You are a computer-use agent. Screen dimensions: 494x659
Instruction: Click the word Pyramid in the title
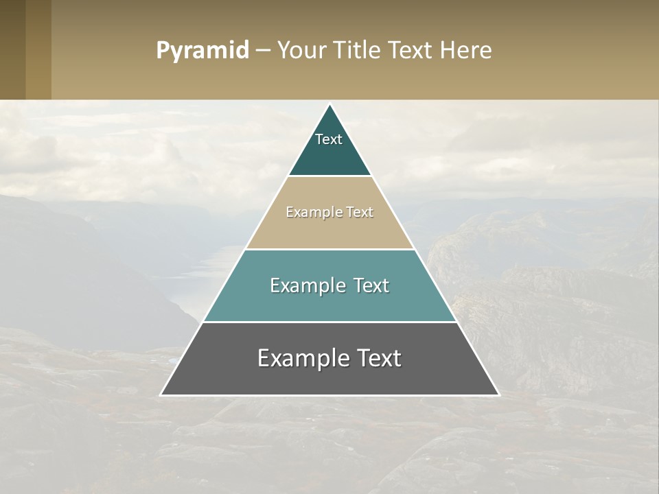point(202,51)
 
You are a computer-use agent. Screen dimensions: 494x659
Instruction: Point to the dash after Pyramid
point(263,51)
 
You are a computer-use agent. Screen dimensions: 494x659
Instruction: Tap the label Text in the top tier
point(329,139)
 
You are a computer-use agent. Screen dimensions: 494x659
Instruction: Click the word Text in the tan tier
point(360,212)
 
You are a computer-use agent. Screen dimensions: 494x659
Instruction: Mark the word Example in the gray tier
point(303,358)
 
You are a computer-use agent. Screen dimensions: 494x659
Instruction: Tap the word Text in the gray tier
point(378,358)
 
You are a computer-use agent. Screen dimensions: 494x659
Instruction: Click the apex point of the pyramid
point(330,105)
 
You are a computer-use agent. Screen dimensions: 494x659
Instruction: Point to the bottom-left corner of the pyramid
point(161,395)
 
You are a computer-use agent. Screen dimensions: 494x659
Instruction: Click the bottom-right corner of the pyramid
point(498,395)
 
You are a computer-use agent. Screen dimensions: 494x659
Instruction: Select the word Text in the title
point(411,51)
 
